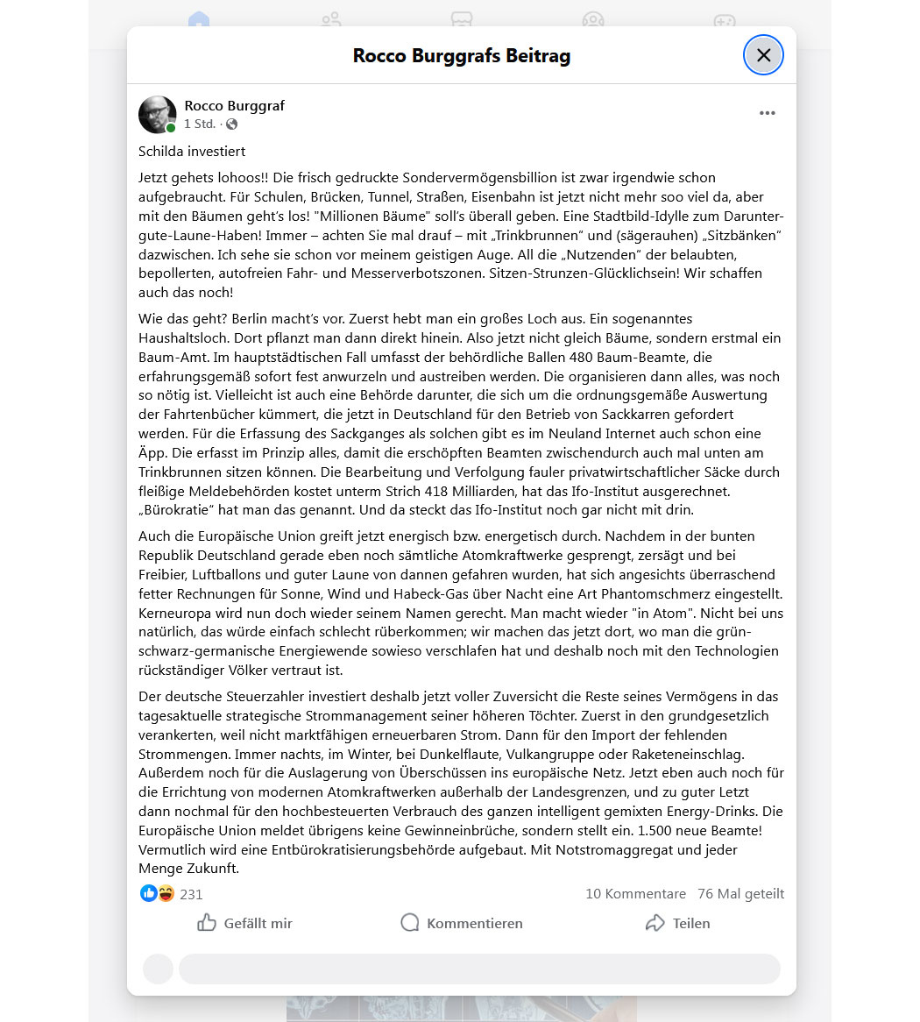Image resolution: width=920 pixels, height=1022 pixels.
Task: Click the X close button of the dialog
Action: click(x=763, y=55)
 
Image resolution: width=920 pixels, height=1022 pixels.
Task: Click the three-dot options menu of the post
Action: click(x=768, y=113)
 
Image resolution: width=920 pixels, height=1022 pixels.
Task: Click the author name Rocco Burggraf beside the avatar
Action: click(x=234, y=105)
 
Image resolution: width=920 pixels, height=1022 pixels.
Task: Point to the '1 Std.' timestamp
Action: click(x=200, y=124)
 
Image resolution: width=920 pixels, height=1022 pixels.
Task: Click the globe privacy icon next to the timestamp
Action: click(x=231, y=124)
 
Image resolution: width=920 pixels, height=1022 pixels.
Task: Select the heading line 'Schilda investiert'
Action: click(x=192, y=151)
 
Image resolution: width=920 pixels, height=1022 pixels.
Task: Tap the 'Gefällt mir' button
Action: click(x=244, y=923)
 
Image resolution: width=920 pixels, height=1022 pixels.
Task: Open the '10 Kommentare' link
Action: click(x=635, y=894)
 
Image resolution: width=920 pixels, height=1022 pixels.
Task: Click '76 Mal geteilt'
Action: click(x=740, y=894)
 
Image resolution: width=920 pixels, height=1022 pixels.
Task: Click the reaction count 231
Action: click(x=191, y=895)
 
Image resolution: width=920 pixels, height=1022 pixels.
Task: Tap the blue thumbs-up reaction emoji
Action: click(x=148, y=893)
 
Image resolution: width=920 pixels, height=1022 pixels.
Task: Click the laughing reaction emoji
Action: click(x=166, y=893)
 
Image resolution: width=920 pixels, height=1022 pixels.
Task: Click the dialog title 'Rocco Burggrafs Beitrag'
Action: click(x=461, y=56)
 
